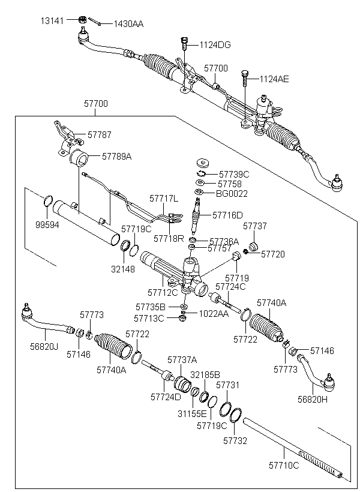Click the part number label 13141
click(x=51, y=20)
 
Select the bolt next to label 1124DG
click(x=183, y=44)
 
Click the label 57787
click(x=100, y=135)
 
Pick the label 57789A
click(x=116, y=156)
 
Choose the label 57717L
click(x=164, y=198)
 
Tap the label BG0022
click(x=232, y=193)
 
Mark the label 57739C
click(x=233, y=173)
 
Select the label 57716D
click(x=229, y=215)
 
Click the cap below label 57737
click(x=253, y=247)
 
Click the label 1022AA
click(x=214, y=313)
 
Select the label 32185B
click(x=205, y=374)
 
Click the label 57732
click(x=235, y=440)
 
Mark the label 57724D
click(x=166, y=397)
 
